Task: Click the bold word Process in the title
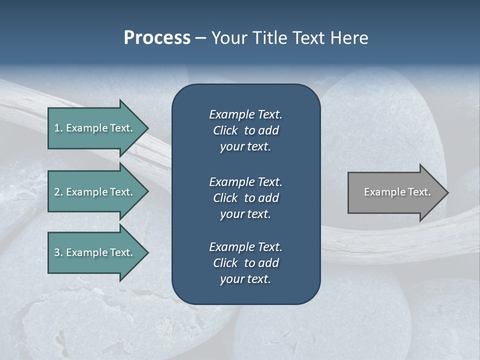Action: [x=157, y=38]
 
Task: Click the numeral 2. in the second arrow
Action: [x=58, y=192]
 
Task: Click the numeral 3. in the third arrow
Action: [x=58, y=252]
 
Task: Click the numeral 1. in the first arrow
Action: [x=58, y=128]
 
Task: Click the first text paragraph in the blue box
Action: [x=245, y=130]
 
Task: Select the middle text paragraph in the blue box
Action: [x=245, y=197]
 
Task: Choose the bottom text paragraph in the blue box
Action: [x=245, y=263]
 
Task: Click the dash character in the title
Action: [x=200, y=38]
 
